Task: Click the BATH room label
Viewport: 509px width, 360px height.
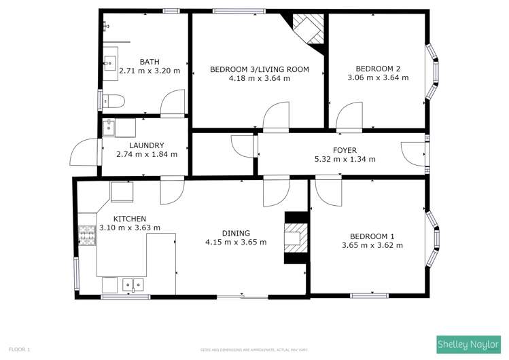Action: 150,62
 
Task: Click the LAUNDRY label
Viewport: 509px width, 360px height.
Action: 146,145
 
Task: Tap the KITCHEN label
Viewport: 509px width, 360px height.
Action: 129,219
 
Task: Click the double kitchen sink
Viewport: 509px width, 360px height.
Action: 133,285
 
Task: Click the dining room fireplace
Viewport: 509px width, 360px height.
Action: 295,238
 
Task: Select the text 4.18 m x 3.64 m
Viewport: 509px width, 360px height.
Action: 260,79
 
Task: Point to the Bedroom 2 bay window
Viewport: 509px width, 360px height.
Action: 431,72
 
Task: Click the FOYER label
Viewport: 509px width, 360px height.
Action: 345,151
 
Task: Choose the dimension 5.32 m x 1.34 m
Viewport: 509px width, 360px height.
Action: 345,160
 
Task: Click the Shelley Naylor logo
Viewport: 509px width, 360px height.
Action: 468,345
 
